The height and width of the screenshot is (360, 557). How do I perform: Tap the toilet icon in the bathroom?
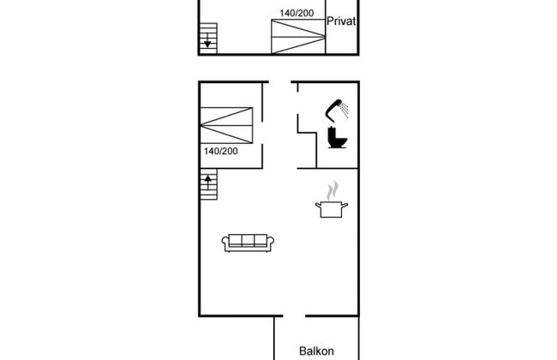[337, 137]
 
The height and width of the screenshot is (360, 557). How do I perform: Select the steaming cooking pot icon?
[332, 200]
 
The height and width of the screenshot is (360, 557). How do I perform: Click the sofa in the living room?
[248, 243]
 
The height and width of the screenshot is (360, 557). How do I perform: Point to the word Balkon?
[316, 351]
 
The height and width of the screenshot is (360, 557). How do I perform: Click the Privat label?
[341, 21]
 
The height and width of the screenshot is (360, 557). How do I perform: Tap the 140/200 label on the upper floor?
[296, 13]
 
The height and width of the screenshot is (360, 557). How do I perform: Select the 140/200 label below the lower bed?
[220, 151]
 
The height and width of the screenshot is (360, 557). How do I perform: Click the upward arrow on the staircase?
[208, 183]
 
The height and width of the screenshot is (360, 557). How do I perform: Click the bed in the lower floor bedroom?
[226, 125]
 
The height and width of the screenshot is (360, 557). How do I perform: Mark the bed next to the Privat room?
[298, 36]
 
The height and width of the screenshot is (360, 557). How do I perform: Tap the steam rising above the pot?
[332, 191]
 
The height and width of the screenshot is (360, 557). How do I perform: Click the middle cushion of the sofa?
[248, 240]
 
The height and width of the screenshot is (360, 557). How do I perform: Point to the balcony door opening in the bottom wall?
[294, 315]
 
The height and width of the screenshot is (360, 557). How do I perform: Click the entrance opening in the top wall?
[280, 82]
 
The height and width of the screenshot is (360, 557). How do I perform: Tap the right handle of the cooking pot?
[344, 205]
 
